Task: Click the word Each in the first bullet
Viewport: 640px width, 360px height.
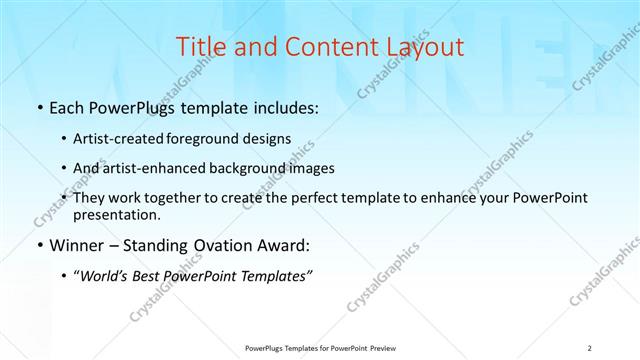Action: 67,108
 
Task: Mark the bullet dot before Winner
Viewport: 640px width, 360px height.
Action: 39,246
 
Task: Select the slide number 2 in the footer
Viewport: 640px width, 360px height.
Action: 590,347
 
